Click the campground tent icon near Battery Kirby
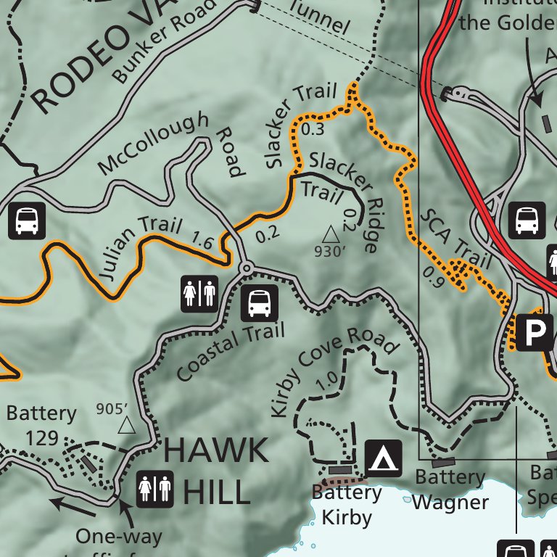pyautogui.click(x=384, y=458)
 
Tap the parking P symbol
pyautogui.click(x=534, y=332)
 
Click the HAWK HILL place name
pyautogui.click(x=215, y=471)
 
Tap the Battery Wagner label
pyautogui.click(x=450, y=490)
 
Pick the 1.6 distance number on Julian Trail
pyautogui.click(x=202, y=241)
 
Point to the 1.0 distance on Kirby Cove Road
pyautogui.click(x=328, y=379)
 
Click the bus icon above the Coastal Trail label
pyautogui.click(x=259, y=304)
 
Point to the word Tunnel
pyautogui.click(x=318, y=17)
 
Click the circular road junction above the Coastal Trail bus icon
pyautogui.click(x=246, y=269)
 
